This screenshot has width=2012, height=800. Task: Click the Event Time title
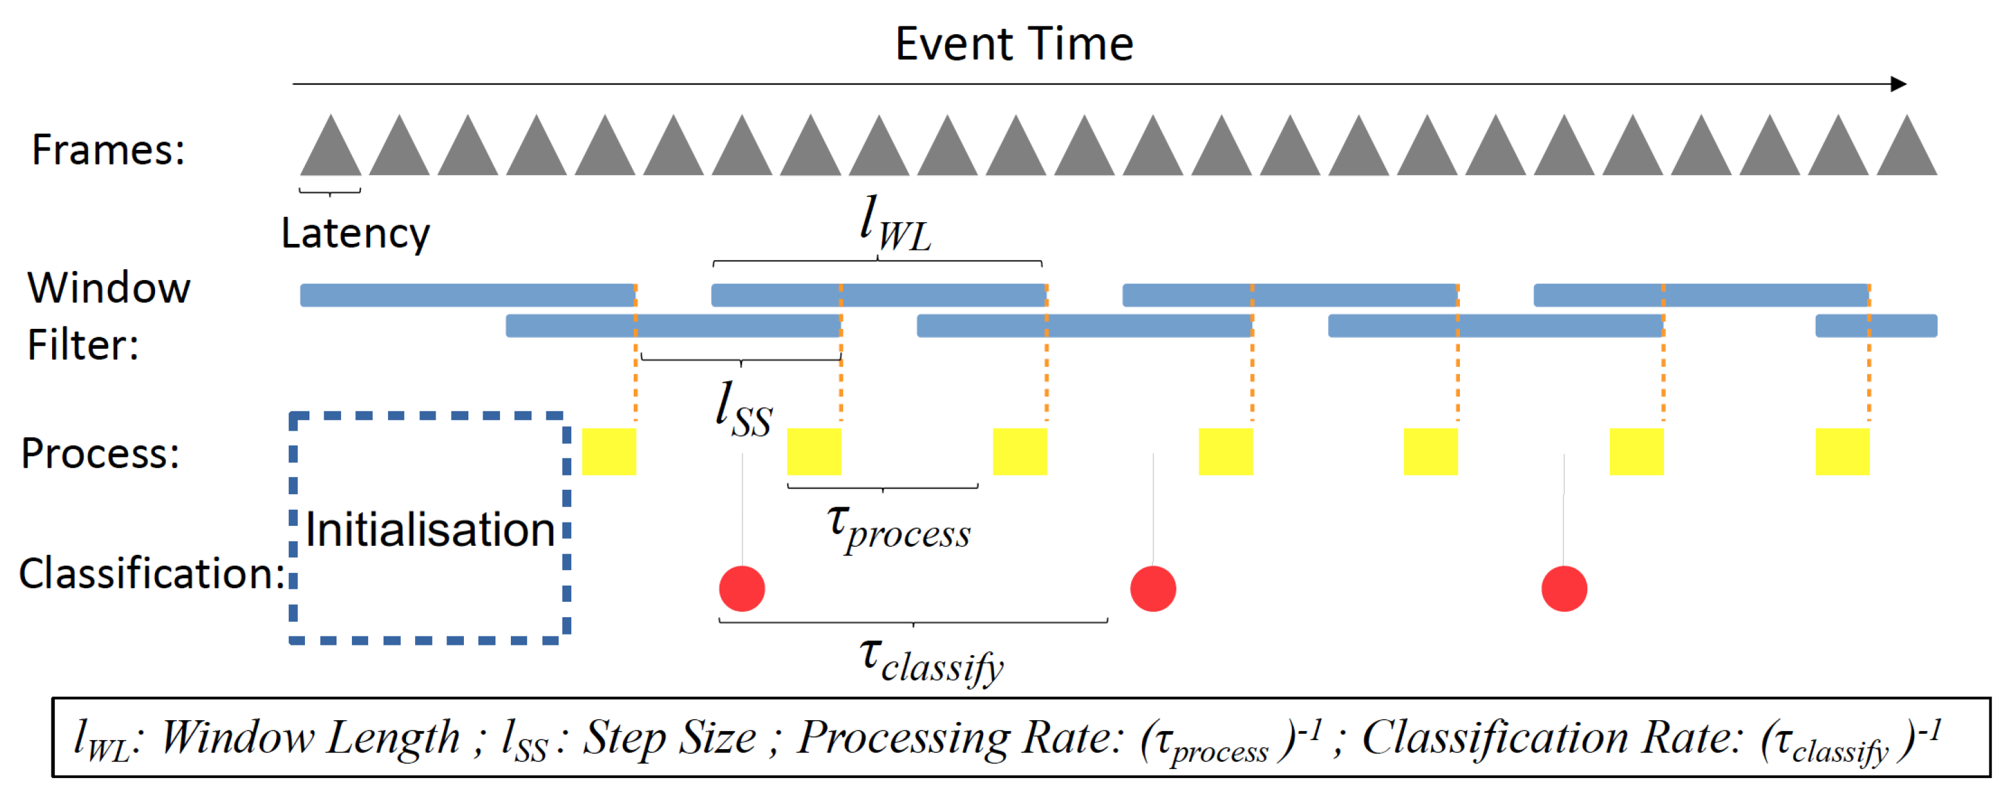point(1014,44)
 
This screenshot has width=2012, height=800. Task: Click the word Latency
point(355,233)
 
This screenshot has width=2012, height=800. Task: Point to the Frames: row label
point(108,149)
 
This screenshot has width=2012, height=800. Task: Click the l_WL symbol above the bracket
point(894,225)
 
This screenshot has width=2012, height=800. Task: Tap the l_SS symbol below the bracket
point(744,410)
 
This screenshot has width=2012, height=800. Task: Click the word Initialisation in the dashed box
point(430,530)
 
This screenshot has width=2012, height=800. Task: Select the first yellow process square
point(609,452)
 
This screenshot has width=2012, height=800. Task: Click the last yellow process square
point(1841,452)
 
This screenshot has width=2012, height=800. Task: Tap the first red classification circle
point(742,588)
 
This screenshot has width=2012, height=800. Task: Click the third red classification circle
point(1564,588)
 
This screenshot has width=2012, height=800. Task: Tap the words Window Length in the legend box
point(310,738)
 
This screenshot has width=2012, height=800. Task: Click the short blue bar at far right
point(1876,326)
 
